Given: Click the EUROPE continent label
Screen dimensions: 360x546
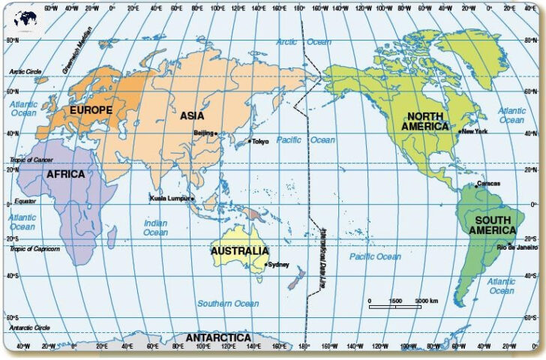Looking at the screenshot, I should (91, 109).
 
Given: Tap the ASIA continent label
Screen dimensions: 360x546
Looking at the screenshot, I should (192, 115).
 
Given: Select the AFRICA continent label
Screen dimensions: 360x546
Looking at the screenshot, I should (65, 174).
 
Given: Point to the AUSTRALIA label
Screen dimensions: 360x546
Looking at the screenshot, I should (239, 250).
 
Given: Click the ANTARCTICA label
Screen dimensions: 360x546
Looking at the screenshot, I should (218, 338).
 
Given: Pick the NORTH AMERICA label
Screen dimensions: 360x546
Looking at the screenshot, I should (424, 121).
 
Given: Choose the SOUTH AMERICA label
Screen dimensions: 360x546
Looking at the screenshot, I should (491, 225).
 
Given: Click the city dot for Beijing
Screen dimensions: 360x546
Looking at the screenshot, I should (216, 133).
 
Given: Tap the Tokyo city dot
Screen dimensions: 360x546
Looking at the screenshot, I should (250, 141).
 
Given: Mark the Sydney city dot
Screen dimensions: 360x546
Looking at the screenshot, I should (266, 264).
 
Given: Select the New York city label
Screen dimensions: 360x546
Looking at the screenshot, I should (475, 131).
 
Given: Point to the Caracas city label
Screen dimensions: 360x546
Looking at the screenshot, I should (488, 183).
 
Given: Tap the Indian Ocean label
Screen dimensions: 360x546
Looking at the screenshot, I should (155, 227).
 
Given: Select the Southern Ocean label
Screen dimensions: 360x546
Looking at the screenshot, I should (228, 304).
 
